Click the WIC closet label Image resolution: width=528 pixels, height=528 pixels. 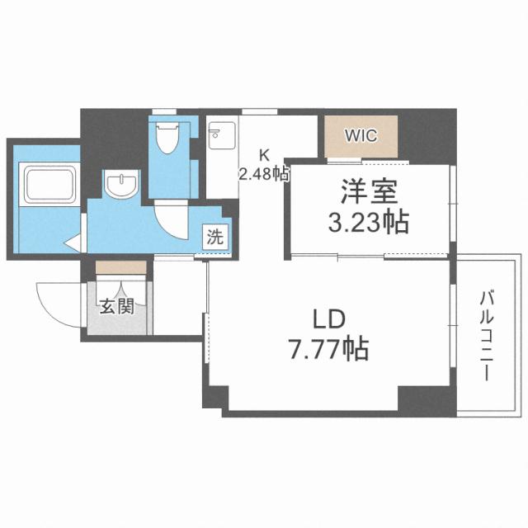[x=361, y=136]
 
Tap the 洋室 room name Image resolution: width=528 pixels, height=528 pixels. [x=369, y=194]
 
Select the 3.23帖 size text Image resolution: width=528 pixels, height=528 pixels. [x=369, y=223]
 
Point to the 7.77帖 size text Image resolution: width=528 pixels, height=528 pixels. [x=328, y=350]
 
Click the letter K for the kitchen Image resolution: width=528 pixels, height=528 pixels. [x=265, y=154]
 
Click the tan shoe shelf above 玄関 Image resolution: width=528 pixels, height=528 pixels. [x=120, y=268]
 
